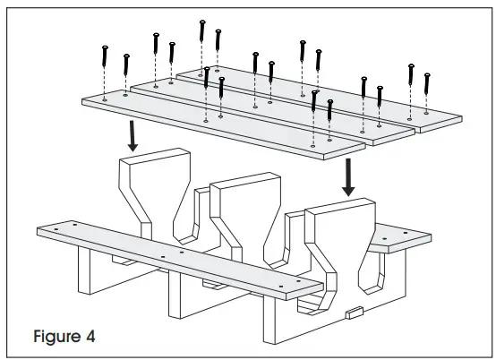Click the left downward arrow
point(133,137)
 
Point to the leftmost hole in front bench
point(56,230)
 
